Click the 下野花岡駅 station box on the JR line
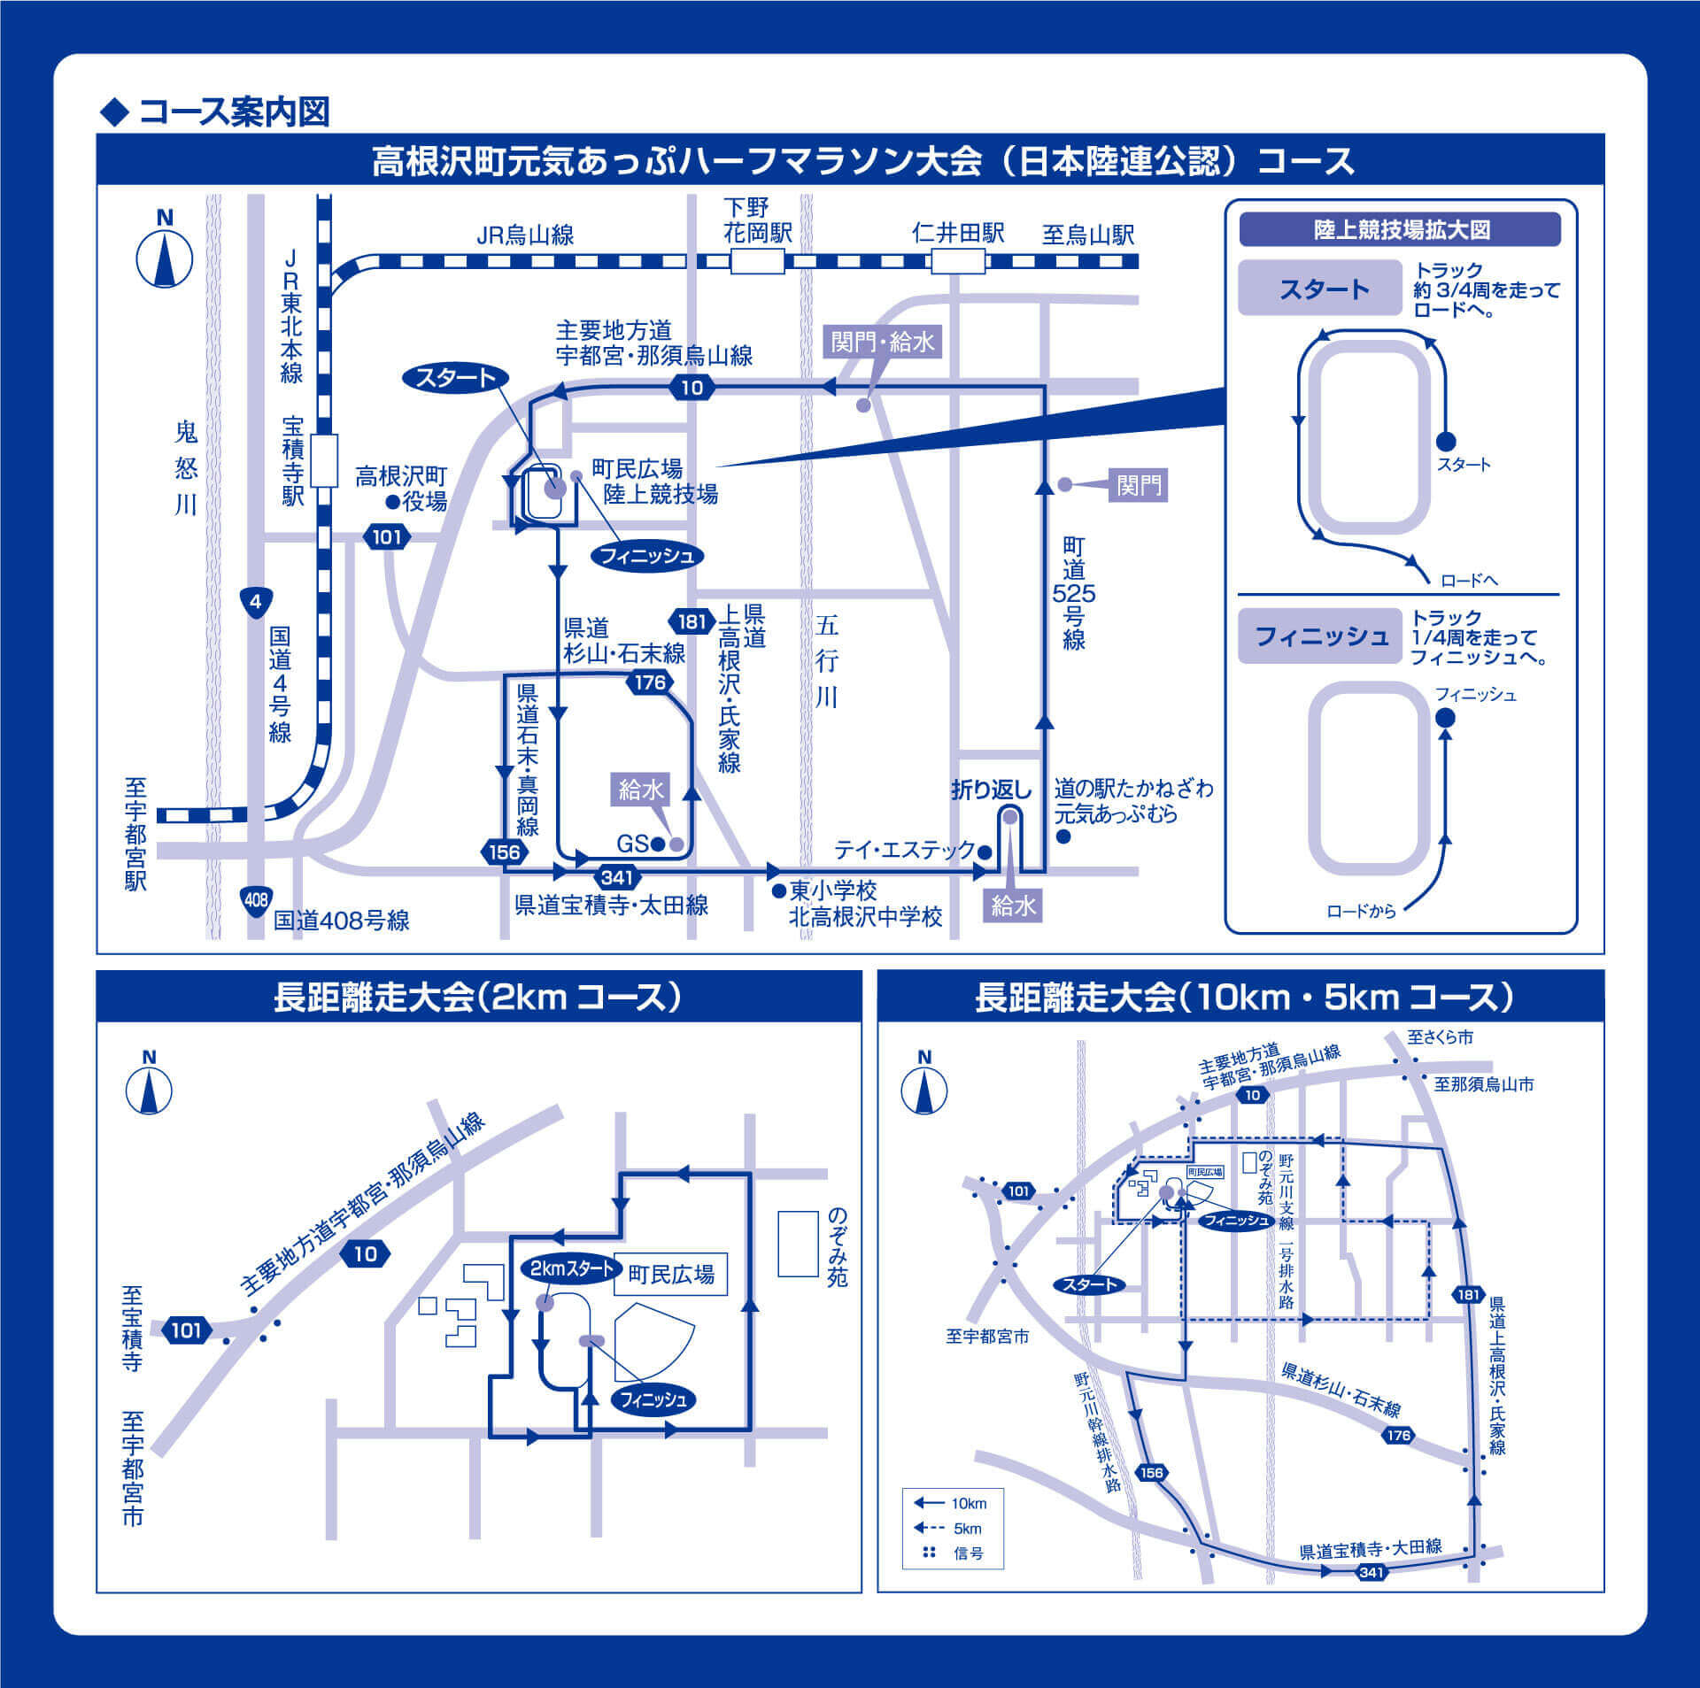(x=757, y=261)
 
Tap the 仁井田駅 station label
(x=958, y=234)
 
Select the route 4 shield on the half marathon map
(x=256, y=603)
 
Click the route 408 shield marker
(x=256, y=900)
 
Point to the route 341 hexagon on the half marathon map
(x=616, y=877)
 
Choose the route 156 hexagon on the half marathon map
(x=505, y=852)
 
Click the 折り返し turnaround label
(x=992, y=790)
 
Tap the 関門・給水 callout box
(x=883, y=342)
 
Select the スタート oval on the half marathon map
(x=456, y=378)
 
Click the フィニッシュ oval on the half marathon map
(x=647, y=556)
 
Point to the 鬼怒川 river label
(x=185, y=468)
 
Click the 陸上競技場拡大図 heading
(x=1400, y=230)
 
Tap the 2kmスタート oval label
(x=571, y=1268)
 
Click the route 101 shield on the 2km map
(x=186, y=1330)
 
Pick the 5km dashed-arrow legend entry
(x=948, y=1528)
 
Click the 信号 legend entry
(x=951, y=1553)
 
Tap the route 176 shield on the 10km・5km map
(x=1398, y=1435)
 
